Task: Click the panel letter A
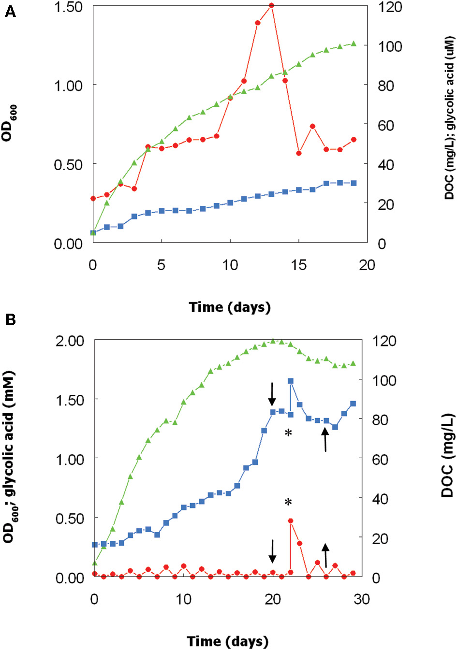tap(10, 12)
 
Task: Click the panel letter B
tap(10, 319)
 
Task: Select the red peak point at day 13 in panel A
tap(271, 6)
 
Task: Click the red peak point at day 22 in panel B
tap(291, 520)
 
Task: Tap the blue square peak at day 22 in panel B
tap(291, 381)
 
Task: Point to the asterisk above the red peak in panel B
tap(288, 503)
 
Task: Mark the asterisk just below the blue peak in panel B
tap(288, 433)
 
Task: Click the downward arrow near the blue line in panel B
tap(272, 394)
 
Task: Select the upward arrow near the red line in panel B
tap(325, 555)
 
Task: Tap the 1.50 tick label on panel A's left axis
tap(68, 7)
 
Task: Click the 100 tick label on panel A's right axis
tap(390, 46)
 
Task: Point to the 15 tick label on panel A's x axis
tap(298, 265)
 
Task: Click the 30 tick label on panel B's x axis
tap(362, 599)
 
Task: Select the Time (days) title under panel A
tap(230, 307)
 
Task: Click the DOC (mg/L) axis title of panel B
tap(447, 455)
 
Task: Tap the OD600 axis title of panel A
tap(9, 123)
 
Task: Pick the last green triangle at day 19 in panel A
tap(354, 43)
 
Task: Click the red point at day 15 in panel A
tap(299, 153)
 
